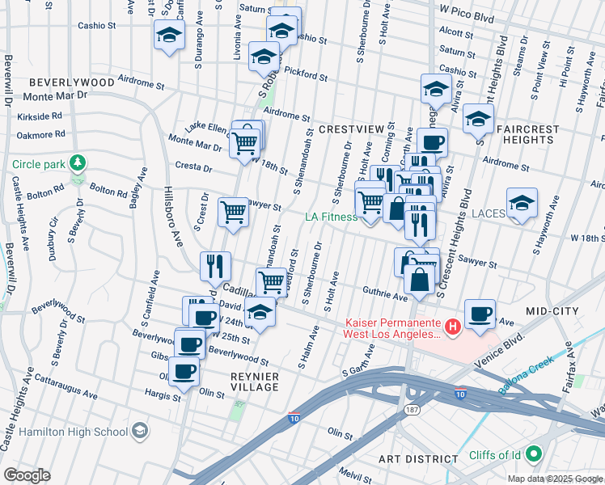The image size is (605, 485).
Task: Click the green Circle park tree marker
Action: pos(78,163)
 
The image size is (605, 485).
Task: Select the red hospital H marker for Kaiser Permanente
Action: pos(453,327)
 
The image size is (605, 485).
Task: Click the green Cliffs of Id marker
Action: pos(532,455)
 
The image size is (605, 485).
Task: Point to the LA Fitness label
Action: pos(331,217)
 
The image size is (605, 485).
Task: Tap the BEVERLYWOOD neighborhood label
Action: pos(71,82)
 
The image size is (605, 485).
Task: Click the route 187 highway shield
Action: pos(412,411)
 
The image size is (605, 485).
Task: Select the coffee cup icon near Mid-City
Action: pos(480,313)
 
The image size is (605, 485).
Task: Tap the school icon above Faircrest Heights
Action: pos(478,118)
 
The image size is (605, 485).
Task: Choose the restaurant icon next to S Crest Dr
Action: pos(216,264)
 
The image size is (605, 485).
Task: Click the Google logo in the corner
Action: pos(27,475)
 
